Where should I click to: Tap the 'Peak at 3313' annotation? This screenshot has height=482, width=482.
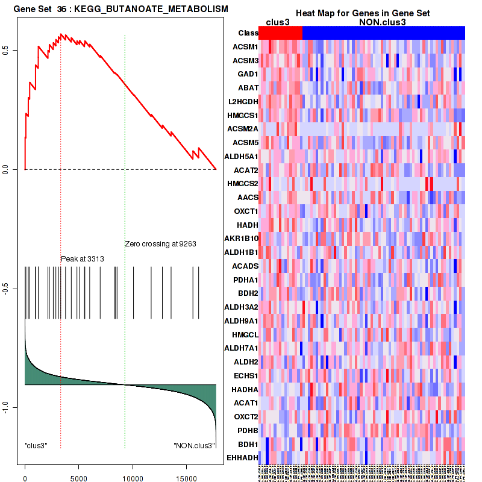[x=83, y=259]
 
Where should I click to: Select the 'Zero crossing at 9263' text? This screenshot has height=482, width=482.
[x=161, y=244]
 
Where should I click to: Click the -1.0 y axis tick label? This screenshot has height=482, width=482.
[x=13, y=408]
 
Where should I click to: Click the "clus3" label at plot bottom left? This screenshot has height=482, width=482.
[x=36, y=445]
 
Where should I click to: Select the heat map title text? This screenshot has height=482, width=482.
[x=361, y=13]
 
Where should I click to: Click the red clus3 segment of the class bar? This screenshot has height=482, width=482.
[x=281, y=33]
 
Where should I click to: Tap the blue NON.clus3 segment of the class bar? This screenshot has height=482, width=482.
[x=383, y=33]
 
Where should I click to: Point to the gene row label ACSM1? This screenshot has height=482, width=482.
[x=245, y=46]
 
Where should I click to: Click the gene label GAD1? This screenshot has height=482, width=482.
[x=248, y=74]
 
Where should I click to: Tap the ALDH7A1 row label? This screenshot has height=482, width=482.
[x=241, y=348]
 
